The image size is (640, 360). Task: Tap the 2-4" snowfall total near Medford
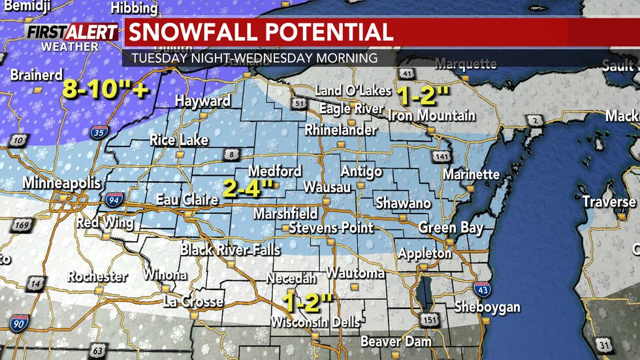[x=248, y=189]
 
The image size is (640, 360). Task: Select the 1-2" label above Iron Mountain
[x=423, y=96]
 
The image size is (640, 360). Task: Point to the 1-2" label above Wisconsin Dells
[x=308, y=302]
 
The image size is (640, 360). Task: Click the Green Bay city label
[x=451, y=228]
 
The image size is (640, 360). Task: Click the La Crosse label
[x=193, y=302]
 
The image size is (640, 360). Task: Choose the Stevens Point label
[x=331, y=228]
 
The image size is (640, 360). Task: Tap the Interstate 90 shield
[x=19, y=323]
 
